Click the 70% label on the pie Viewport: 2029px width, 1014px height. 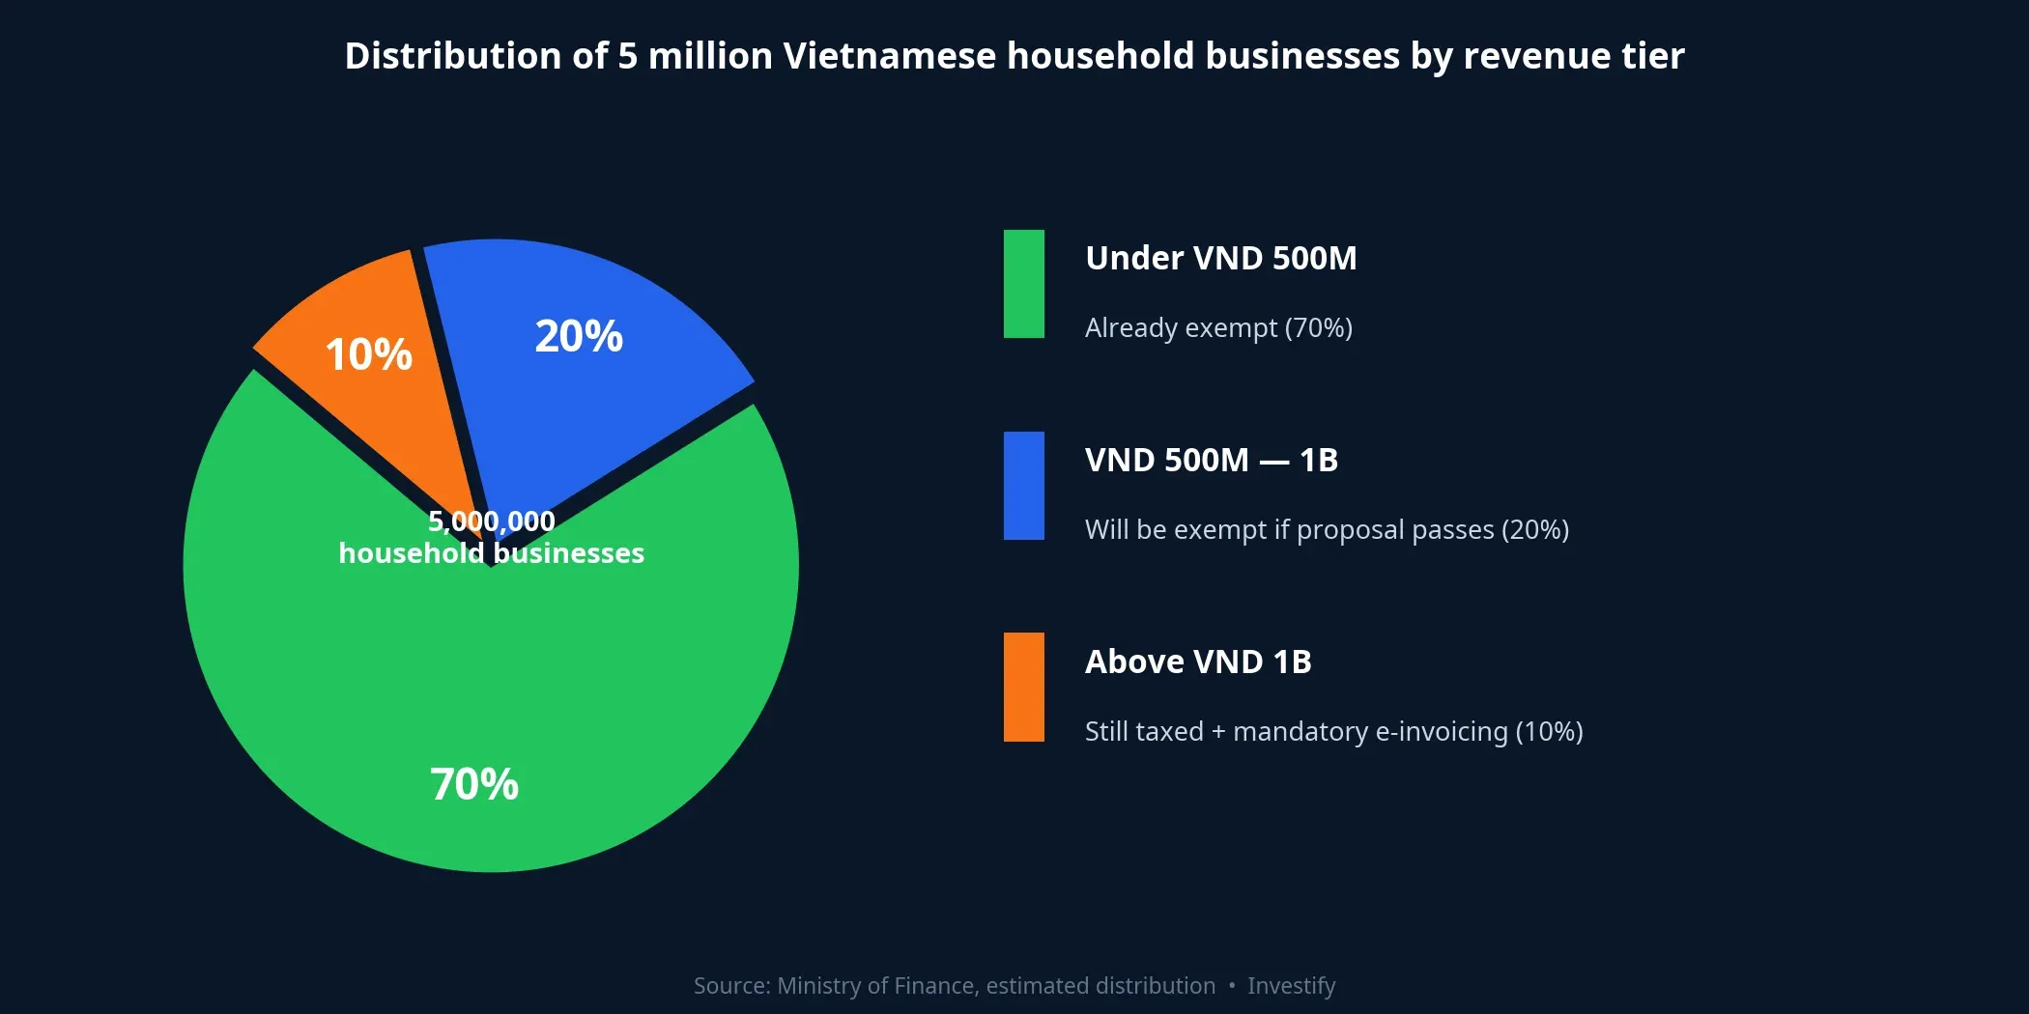coord(474,784)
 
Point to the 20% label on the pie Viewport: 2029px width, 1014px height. coord(579,336)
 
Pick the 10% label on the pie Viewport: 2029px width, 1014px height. coord(368,354)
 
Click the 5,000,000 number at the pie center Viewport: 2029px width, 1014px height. coord(491,521)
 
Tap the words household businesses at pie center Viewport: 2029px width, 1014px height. coord(491,553)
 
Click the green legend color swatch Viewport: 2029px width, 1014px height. coord(1024,284)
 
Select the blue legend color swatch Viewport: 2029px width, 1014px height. coord(1024,486)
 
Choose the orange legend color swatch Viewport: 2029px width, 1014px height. coord(1024,688)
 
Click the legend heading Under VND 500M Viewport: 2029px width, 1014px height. coord(1220,259)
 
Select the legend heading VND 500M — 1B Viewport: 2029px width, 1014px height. coord(1211,461)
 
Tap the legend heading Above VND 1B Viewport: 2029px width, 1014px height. coord(1198,662)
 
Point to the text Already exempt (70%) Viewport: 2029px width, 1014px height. coord(1218,328)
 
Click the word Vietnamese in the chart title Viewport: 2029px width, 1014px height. coord(889,56)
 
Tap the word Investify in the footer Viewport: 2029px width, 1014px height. coord(1291,986)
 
